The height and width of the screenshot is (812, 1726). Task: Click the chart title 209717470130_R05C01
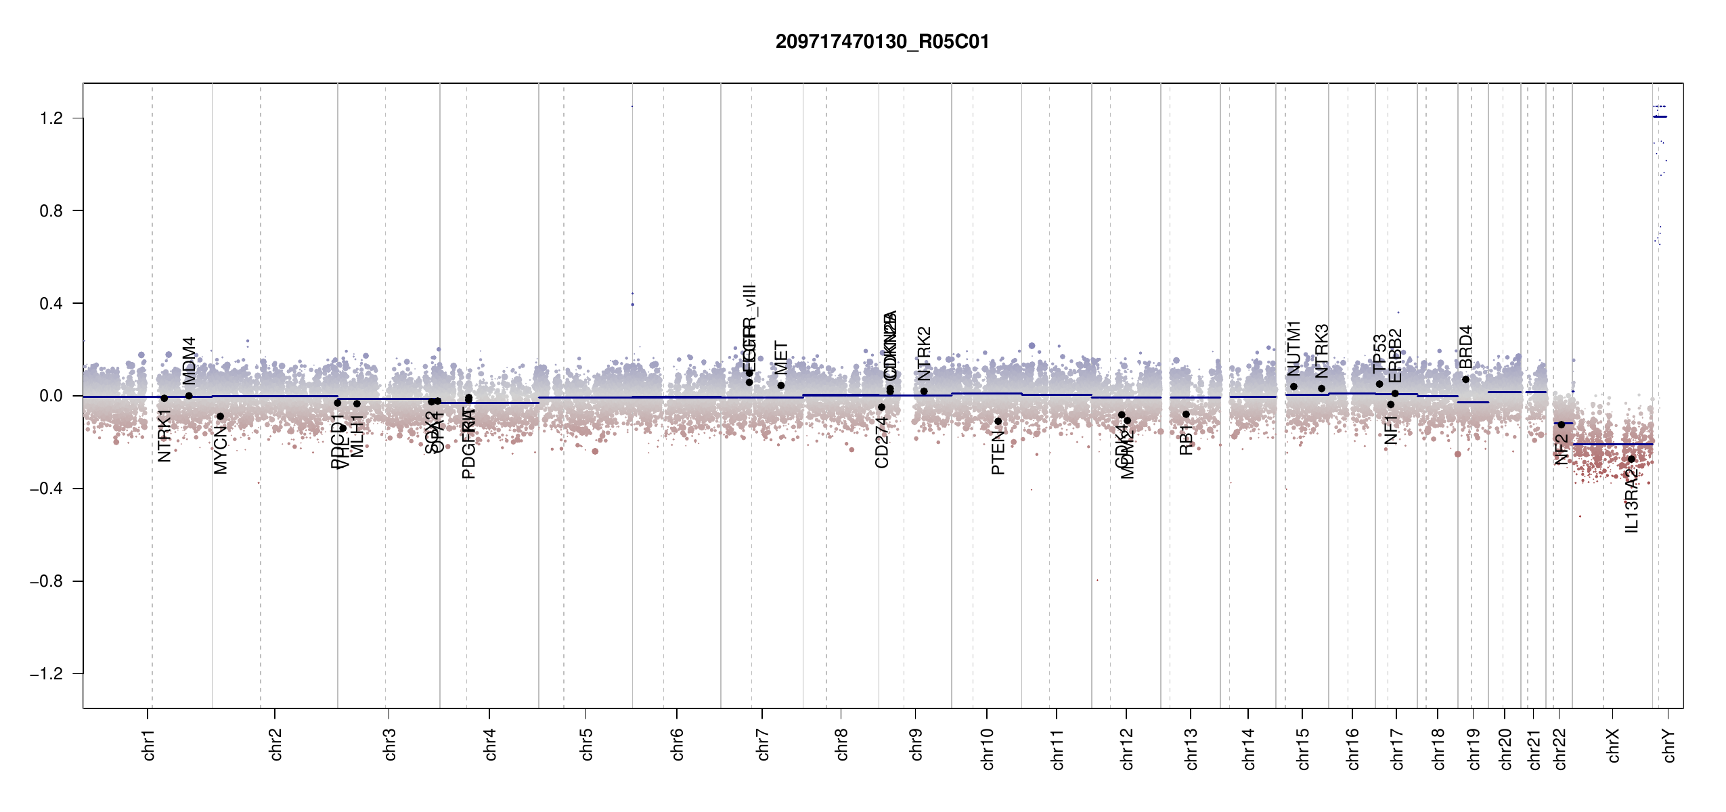tap(882, 42)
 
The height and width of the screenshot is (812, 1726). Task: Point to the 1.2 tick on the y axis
tap(51, 118)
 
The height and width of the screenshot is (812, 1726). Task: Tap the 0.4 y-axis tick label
tap(51, 304)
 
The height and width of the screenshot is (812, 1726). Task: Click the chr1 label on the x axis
tap(148, 744)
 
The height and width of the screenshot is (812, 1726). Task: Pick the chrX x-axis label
tap(1613, 746)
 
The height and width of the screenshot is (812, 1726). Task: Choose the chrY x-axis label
tap(1668, 746)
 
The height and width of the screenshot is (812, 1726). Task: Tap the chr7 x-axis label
tap(763, 744)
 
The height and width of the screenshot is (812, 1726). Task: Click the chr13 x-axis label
tap(1191, 748)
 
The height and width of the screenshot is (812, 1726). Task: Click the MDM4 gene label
tap(190, 361)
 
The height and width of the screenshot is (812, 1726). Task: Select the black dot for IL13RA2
tap(1631, 459)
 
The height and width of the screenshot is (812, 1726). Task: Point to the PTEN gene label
tap(998, 453)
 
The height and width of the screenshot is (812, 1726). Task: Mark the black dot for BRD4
tap(1465, 380)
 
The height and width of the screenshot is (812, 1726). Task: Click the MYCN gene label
tap(221, 450)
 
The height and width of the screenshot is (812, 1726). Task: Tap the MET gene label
tap(781, 358)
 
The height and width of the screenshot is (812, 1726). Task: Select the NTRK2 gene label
tap(924, 354)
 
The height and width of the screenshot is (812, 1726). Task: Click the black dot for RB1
tap(1186, 414)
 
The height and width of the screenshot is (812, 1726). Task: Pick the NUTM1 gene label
tap(1293, 348)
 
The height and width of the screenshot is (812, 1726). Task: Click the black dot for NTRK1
tap(164, 399)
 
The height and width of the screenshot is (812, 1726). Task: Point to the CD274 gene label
tap(881, 443)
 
